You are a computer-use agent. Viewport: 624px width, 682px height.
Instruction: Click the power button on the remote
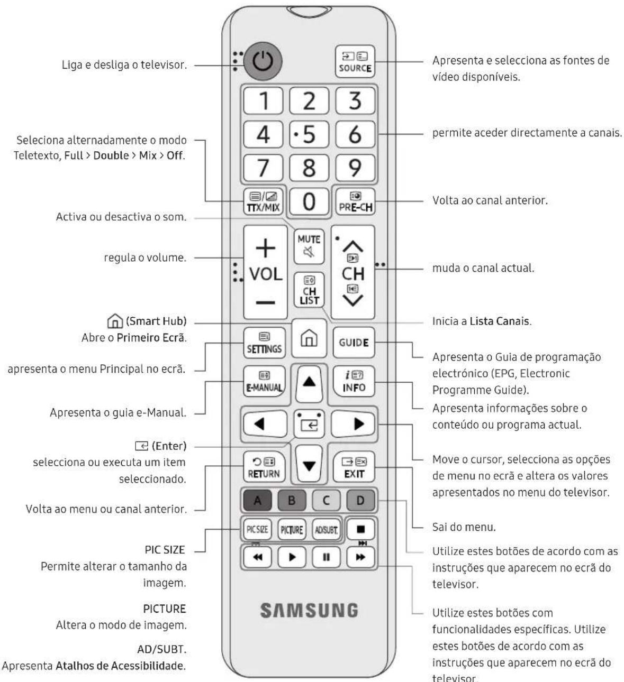click(x=263, y=61)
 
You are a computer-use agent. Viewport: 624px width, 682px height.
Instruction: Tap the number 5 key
click(x=309, y=134)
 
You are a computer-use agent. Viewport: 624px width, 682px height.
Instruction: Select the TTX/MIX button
click(x=263, y=201)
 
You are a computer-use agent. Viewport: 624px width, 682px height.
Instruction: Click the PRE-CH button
click(x=355, y=201)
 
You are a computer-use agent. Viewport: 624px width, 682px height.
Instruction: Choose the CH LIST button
click(x=309, y=290)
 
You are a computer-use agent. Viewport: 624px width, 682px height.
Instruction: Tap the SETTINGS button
click(x=264, y=343)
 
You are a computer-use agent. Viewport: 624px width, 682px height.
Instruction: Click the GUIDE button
click(x=354, y=343)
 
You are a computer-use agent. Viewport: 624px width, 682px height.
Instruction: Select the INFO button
click(x=354, y=381)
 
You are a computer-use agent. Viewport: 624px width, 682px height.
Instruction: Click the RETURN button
click(x=264, y=466)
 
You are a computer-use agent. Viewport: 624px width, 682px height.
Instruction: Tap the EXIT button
click(x=354, y=466)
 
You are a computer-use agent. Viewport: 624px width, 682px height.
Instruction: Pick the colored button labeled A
click(x=257, y=501)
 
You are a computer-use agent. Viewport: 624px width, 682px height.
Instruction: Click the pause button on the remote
click(x=326, y=557)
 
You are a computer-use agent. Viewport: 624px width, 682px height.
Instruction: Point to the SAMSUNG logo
click(x=309, y=611)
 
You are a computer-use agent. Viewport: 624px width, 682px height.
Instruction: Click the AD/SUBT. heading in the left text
click(x=162, y=649)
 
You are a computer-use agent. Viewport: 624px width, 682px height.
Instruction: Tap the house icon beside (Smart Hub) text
click(x=115, y=321)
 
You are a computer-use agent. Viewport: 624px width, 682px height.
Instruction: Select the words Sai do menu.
click(x=464, y=527)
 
